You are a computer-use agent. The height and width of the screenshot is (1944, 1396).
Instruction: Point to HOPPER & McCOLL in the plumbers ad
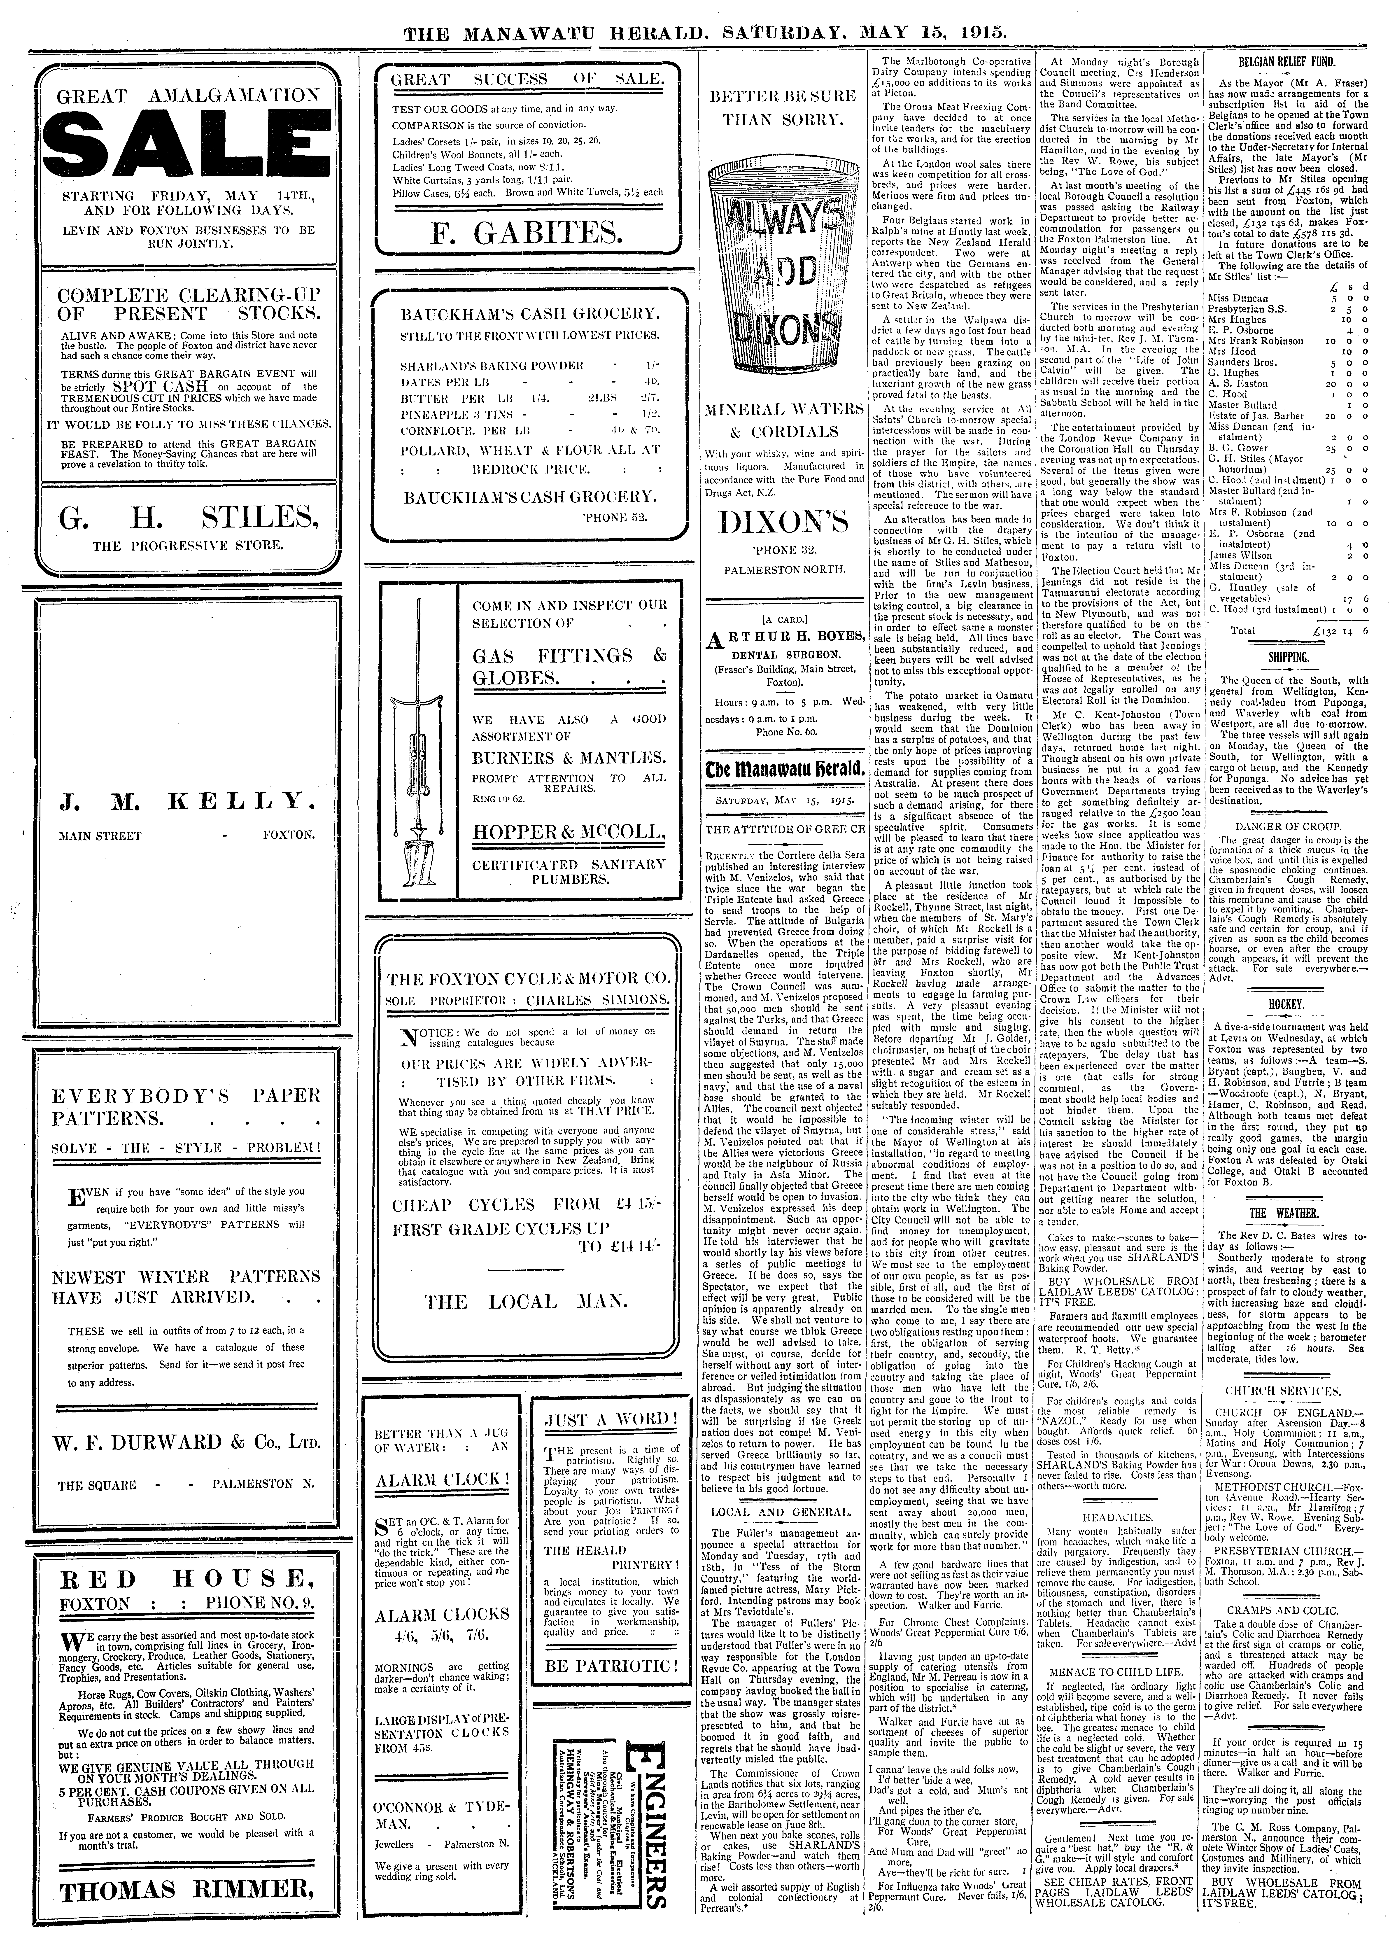[x=569, y=831]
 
